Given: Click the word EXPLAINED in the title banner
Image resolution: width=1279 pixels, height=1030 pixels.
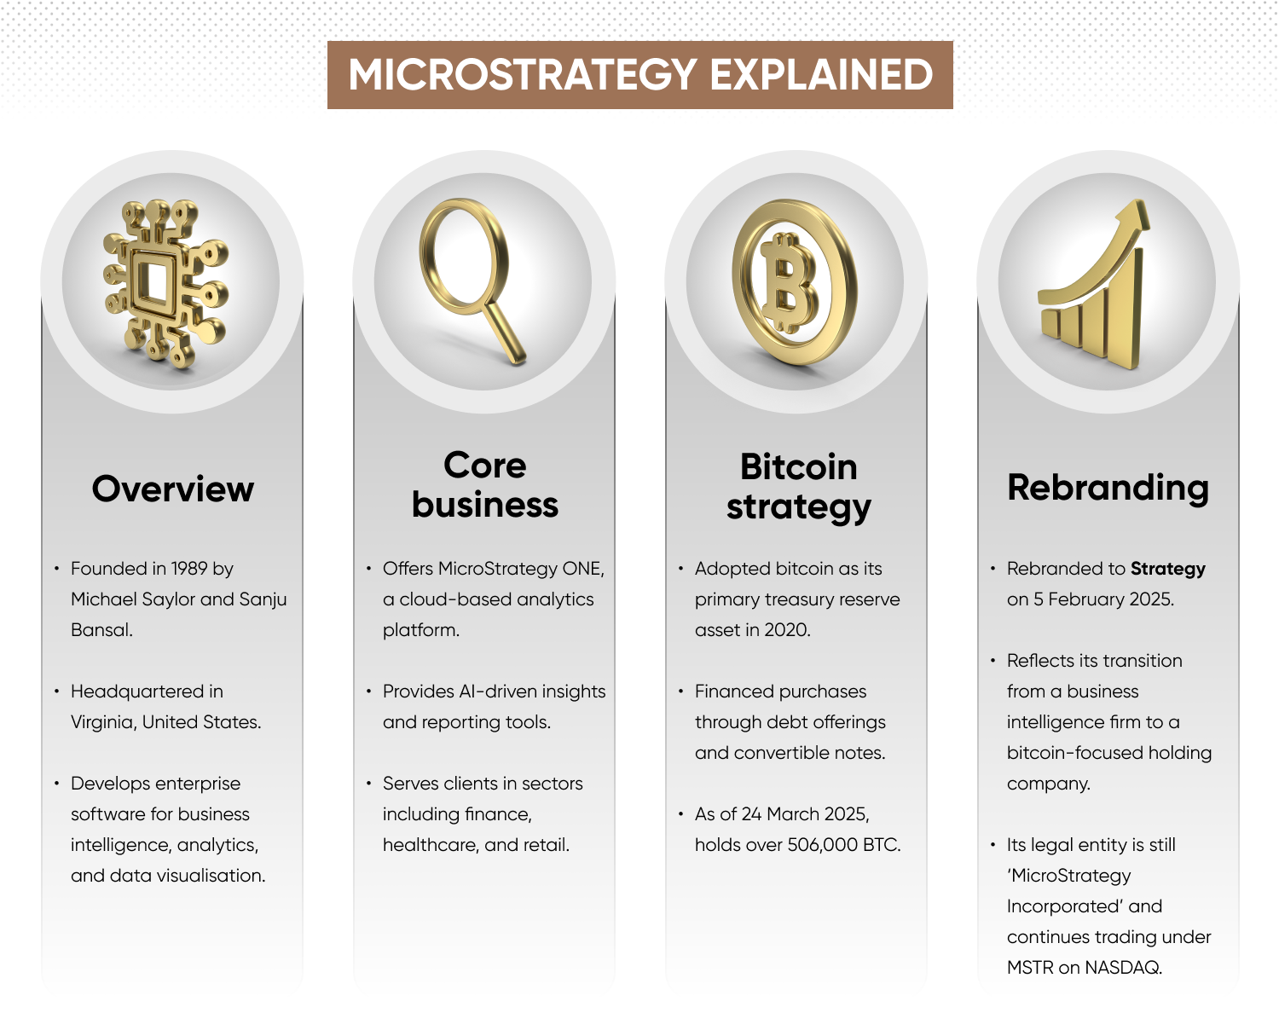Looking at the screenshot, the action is point(821,75).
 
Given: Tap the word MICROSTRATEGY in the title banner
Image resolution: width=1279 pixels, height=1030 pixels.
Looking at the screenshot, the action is point(523,75).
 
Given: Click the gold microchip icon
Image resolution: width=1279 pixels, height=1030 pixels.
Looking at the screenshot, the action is point(165,283).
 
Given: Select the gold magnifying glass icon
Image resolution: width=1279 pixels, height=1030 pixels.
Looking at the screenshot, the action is point(472,280).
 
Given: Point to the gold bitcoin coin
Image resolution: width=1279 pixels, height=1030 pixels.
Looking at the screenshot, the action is point(794,281).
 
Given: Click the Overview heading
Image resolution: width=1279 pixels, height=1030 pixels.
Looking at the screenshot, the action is point(172,489).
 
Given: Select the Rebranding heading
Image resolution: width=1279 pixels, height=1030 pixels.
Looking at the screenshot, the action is point(1108,488).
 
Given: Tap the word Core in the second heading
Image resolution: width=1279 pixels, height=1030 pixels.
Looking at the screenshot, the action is point(484,465).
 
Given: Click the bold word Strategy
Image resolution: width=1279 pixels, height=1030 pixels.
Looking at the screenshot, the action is point(1167,569).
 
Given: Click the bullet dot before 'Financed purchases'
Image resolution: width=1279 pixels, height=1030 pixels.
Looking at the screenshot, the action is point(680,691).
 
